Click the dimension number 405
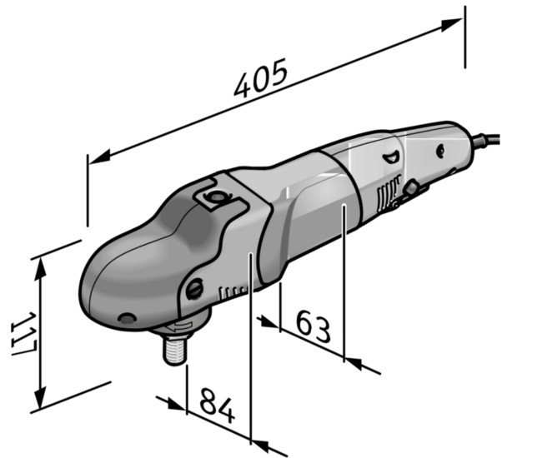[261, 78]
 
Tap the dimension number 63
[314, 326]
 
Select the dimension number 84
[217, 405]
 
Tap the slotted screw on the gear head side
[194, 289]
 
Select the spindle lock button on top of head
[216, 197]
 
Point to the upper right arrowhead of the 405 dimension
[451, 24]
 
